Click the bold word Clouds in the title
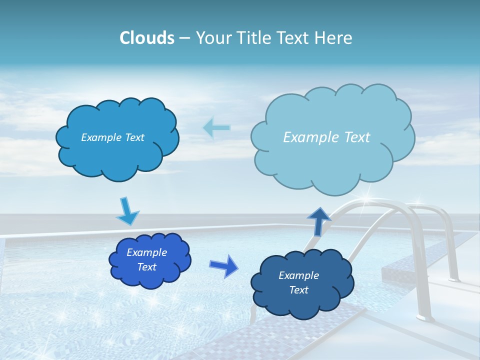[x=147, y=38]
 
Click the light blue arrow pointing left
[x=216, y=127]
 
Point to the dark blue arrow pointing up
[x=319, y=221]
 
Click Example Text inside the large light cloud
[x=326, y=137]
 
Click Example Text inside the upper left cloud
[x=112, y=137]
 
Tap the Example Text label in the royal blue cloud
[x=147, y=259]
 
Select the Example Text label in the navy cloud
[x=298, y=282]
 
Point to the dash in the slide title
[x=184, y=38]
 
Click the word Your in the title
[x=212, y=38]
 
